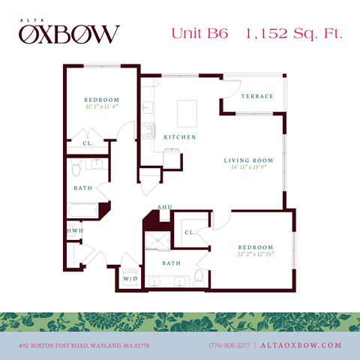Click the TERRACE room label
[x=256, y=96]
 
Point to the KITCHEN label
[x=180, y=137]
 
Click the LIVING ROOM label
[x=248, y=160]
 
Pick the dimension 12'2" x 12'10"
[x=256, y=254]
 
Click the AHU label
[x=164, y=207]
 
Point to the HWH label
[x=74, y=230]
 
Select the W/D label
[x=130, y=279]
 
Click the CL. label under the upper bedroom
[x=88, y=142]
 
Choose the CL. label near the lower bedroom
[x=189, y=232]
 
